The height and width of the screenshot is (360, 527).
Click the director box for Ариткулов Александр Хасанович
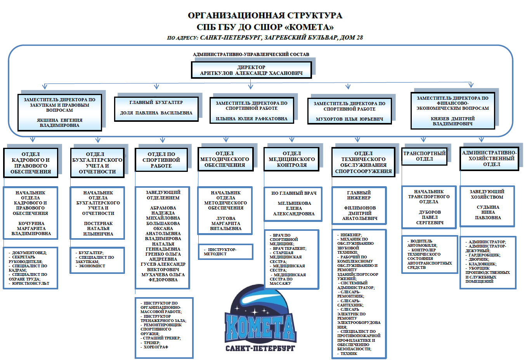251,70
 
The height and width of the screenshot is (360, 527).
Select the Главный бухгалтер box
156,108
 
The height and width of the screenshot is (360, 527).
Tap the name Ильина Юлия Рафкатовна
251,119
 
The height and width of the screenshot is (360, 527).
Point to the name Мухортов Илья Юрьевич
349,119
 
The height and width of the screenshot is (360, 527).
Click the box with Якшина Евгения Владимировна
59,123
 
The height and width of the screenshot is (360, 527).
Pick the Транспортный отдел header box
424,156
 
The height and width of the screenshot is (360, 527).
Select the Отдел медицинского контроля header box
291,159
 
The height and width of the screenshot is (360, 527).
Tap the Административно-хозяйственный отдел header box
489,158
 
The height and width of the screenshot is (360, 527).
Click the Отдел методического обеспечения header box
225,159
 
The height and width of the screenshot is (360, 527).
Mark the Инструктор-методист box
225,252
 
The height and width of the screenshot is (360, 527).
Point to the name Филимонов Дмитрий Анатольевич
359,213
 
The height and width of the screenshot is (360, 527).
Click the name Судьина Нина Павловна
488,212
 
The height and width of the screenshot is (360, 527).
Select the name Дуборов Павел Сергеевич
430,217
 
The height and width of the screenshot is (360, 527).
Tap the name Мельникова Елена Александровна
294,208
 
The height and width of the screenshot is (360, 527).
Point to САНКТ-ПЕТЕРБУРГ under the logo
260,348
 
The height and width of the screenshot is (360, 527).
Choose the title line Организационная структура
265,16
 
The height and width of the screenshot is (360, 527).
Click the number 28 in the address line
359,38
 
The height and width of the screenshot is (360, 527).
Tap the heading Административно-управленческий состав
251,54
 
